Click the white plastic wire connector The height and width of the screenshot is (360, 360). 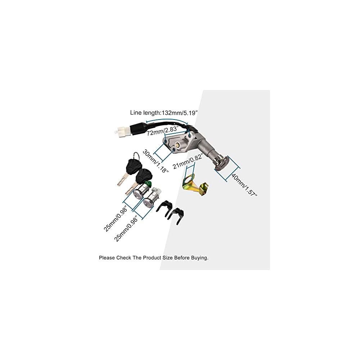click(122, 130)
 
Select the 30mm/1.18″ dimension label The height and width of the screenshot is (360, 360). click(156, 161)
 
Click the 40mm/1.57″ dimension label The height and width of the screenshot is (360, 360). click(244, 185)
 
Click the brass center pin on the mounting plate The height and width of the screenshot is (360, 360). click(177, 145)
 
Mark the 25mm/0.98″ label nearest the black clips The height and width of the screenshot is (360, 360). click(127, 229)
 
